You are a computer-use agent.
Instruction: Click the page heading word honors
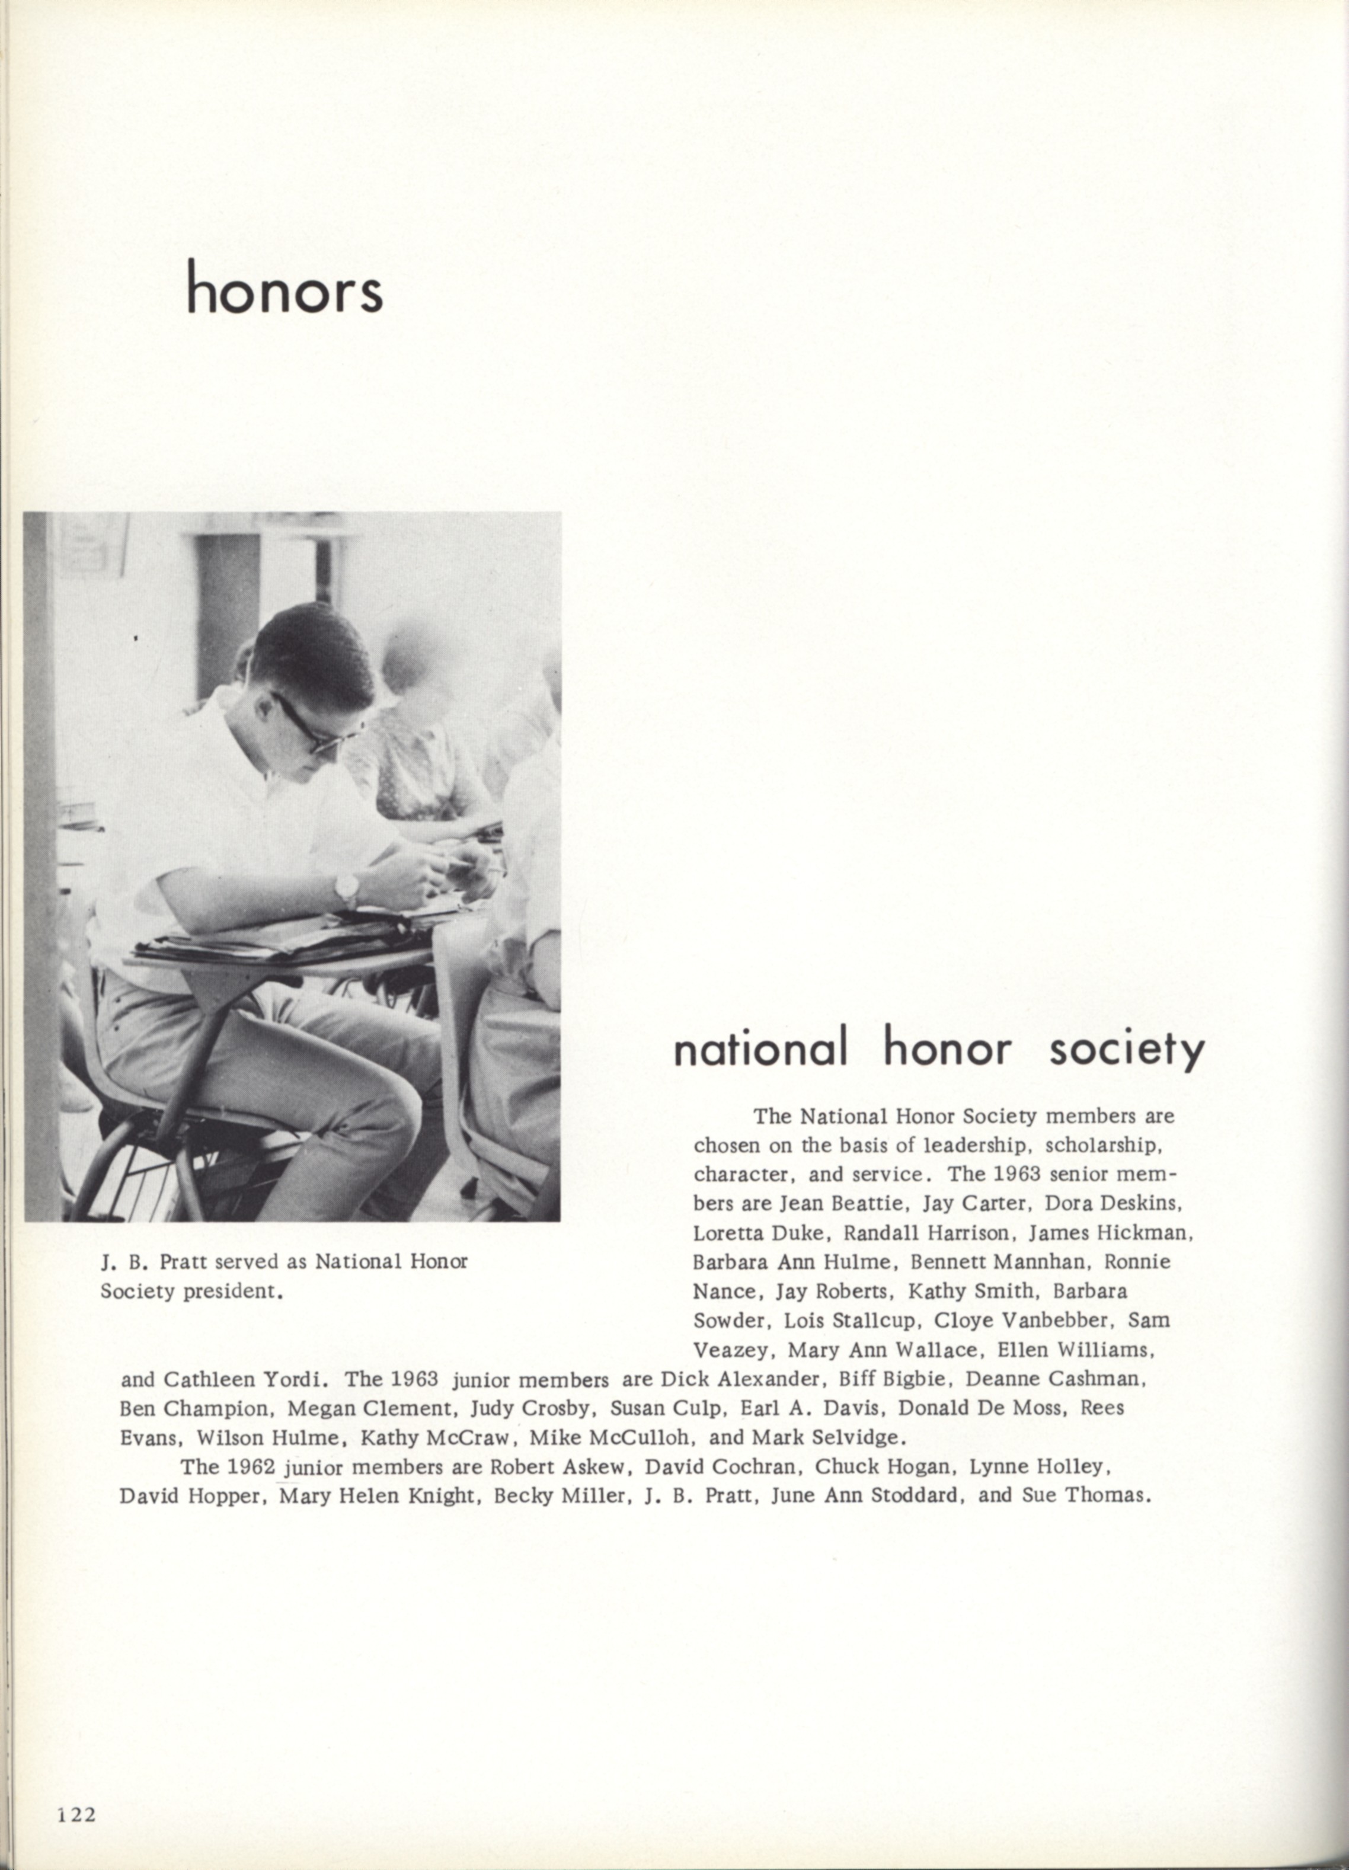(x=284, y=289)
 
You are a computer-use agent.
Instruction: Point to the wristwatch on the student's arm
(x=347, y=889)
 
